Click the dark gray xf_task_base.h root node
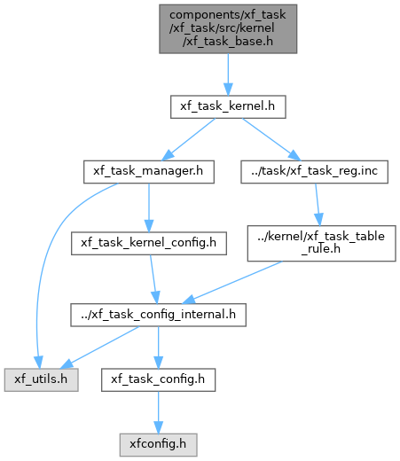pos(228,29)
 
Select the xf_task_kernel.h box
pos(228,106)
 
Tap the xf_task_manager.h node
pos(149,172)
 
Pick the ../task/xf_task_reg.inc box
pos(314,172)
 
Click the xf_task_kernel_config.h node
pos(149,243)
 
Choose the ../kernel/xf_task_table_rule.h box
pos(321,243)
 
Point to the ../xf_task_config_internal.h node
pos(158,315)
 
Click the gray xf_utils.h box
pos(41,379)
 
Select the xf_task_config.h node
pos(158,379)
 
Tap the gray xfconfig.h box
pos(158,445)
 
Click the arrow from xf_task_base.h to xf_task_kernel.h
pos(228,74)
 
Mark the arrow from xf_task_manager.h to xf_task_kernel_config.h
pos(149,207)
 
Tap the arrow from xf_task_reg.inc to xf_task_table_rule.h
pos(318,205)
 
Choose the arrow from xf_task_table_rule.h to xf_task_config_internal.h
pos(232,283)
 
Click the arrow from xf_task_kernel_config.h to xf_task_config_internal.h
pos(153,279)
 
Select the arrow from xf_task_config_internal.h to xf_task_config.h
pos(158,348)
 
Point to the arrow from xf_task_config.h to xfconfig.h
pos(158,412)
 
